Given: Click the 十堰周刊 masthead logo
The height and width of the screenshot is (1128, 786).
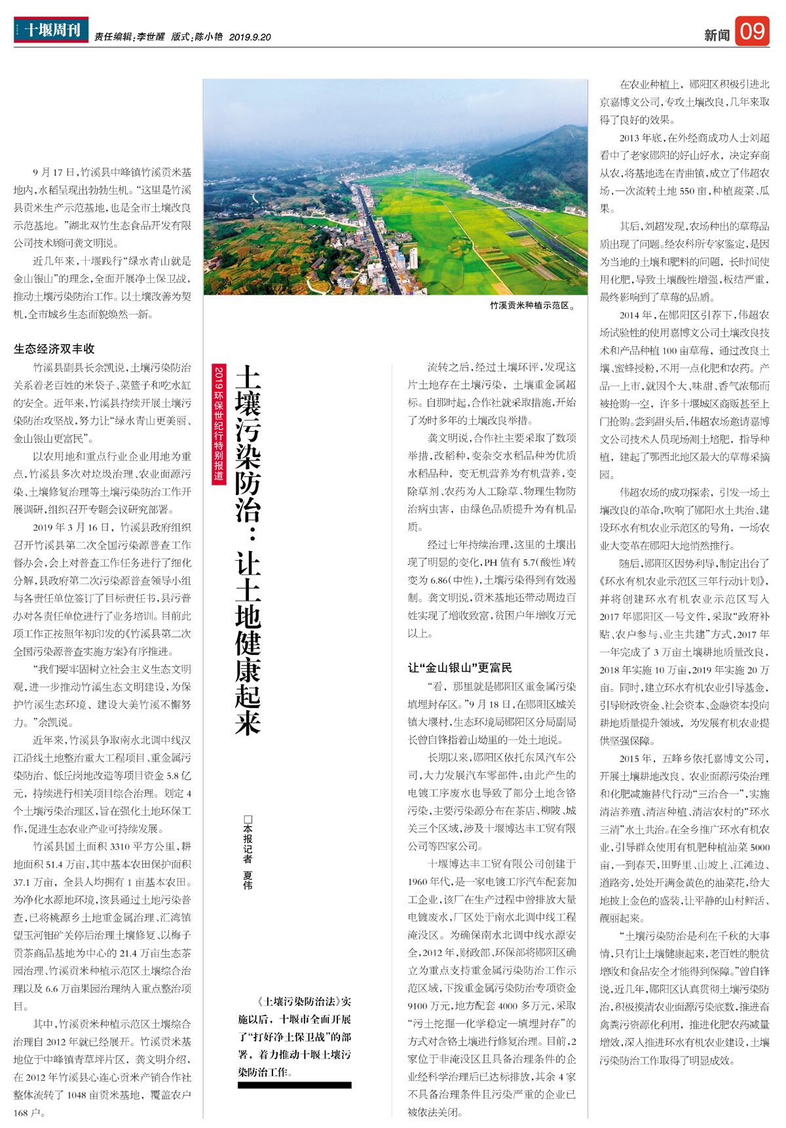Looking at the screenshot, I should (x=51, y=30).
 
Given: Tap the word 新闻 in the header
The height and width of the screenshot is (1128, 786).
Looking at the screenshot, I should (x=717, y=35).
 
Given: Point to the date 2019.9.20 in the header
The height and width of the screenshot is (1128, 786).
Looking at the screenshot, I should (x=250, y=37).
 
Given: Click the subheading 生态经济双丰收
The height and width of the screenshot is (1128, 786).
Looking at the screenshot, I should (x=54, y=348).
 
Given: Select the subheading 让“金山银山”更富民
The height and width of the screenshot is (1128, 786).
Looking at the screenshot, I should (x=460, y=667).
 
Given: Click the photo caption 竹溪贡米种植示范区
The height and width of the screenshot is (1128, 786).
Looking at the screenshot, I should (x=533, y=305).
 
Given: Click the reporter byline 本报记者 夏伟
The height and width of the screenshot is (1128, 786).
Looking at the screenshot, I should (x=248, y=852).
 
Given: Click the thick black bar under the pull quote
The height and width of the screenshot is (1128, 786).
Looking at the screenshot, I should (x=294, y=1085).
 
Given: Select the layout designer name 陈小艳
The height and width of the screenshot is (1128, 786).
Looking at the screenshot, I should (x=208, y=37).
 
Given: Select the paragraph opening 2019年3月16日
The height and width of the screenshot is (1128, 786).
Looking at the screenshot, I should (x=72, y=527).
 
